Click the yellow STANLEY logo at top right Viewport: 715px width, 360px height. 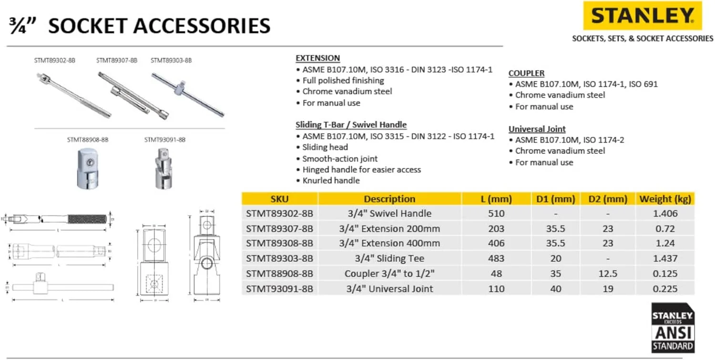coord(642,16)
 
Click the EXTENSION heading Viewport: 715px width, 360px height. coord(317,58)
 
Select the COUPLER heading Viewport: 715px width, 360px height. coord(526,73)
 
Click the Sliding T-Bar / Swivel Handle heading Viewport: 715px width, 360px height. coord(351,125)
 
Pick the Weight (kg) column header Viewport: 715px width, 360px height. coord(664,199)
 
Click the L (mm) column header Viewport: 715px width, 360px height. coord(496,199)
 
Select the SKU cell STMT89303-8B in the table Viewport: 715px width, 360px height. coord(279,258)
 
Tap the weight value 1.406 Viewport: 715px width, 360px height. coord(664,214)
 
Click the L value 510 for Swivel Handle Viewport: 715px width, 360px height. coord(496,214)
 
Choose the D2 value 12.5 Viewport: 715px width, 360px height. coord(607,274)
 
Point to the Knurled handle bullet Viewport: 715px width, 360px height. coord(331,181)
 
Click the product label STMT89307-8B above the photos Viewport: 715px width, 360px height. coord(116,61)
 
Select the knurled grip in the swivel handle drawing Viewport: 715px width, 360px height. coord(86,219)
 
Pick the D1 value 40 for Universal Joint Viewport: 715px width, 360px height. coord(555,288)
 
